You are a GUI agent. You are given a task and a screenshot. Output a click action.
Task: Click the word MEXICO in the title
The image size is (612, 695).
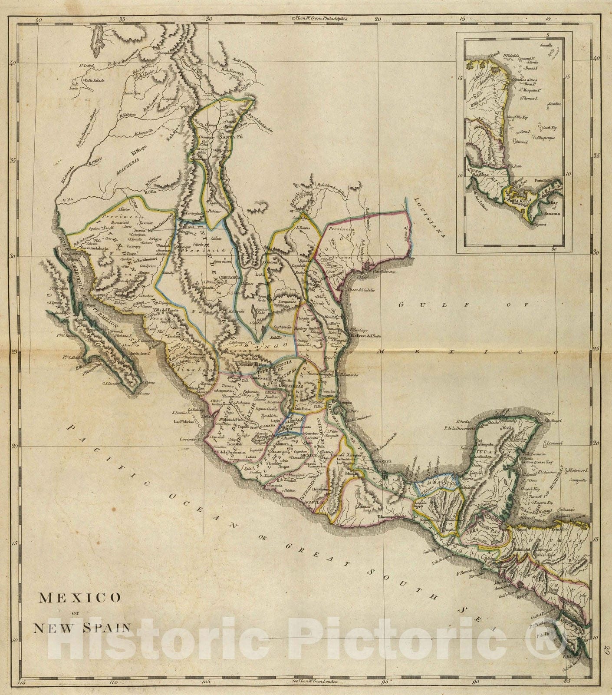click(x=80, y=598)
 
